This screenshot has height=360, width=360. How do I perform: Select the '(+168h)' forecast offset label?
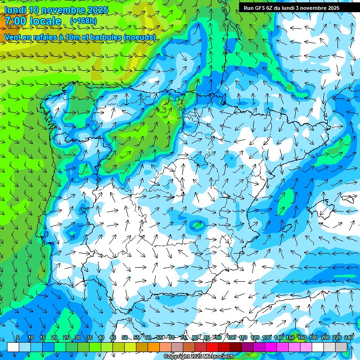[83, 21]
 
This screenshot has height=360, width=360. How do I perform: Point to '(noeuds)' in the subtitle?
[140, 37]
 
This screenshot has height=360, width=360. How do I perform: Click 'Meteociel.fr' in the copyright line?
[217, 357]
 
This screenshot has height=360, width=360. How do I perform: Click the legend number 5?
[18, 338]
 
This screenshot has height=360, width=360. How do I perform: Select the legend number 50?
[125, 338]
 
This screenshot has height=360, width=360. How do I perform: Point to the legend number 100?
[231, 338]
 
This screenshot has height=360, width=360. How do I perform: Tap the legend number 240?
[349, 338]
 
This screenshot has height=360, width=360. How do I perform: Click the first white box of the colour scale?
[13, 347]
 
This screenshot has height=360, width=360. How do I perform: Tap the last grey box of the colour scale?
[342, 347]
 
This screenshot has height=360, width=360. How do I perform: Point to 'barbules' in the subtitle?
[106, 37]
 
